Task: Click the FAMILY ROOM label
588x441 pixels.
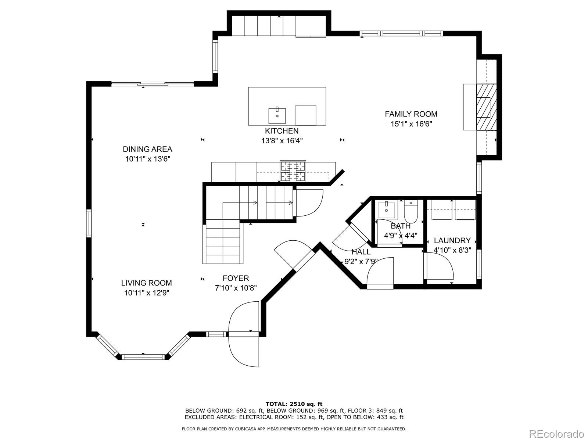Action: coord(411,114)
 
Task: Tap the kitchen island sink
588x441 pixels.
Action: coord(277,115)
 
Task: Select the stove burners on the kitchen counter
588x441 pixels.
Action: coord(293,171)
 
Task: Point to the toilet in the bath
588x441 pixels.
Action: coord(411,212)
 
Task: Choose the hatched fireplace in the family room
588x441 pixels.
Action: coord(487,107)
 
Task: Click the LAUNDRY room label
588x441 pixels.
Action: coord(452,240)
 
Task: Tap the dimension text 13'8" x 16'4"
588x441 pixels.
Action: coord(282,140)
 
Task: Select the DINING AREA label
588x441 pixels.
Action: coord(147,149)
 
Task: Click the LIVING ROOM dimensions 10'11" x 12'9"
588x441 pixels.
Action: coord(147,293)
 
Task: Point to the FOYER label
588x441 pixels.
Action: coord(236,278)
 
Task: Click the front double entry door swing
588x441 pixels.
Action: coord(244,334)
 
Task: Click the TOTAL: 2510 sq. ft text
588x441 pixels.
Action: coord(294,404)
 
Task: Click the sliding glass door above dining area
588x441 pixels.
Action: coord(153,84)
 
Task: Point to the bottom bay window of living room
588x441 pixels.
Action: coord(143,356)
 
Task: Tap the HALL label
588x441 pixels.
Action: coord(361,252)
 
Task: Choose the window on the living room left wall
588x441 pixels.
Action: coord(89,223)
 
